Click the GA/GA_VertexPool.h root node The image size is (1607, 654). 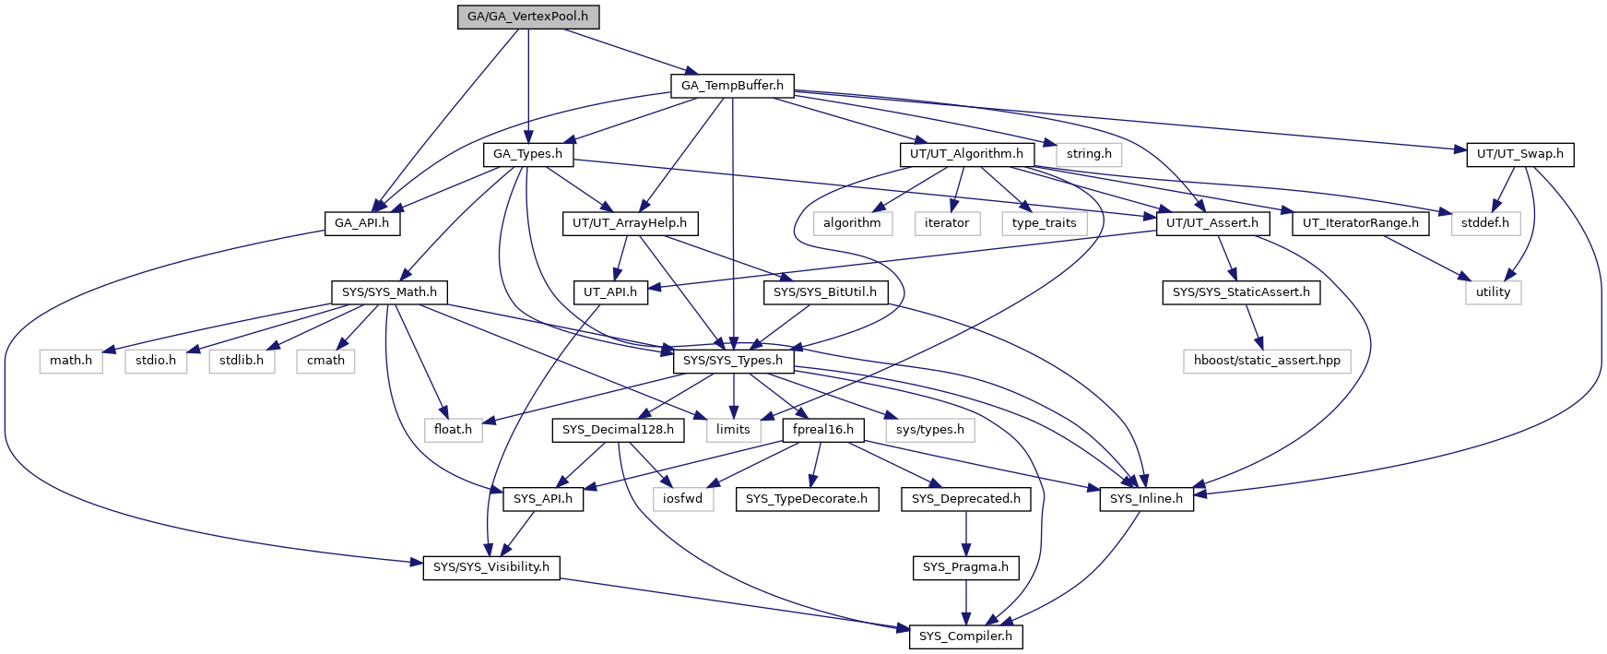click(528, 17)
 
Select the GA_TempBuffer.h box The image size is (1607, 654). click(733, 86)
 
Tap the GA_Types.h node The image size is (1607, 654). click(528, 154)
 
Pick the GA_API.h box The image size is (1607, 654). click(362, 223)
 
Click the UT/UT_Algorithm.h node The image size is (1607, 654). click(966, 154)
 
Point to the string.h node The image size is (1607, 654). click(1089, 154)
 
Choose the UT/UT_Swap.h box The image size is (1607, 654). click(1520, 154)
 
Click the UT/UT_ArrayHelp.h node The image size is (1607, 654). click(630, 223)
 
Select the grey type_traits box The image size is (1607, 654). click(1045, 223)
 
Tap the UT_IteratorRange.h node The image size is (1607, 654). click(1361, 223)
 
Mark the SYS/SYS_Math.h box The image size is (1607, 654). click(389, 292)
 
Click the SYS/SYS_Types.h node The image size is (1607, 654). click(733, 361)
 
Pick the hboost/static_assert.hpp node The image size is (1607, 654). click(1267, 361)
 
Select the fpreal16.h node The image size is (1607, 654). click(823, 430)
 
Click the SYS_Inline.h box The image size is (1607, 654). click(1147, 499)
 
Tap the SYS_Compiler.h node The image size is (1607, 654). click(966, 636)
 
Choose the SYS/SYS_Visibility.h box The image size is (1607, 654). click(491, 567)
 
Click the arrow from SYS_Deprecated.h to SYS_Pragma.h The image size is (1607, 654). click(966, 533)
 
